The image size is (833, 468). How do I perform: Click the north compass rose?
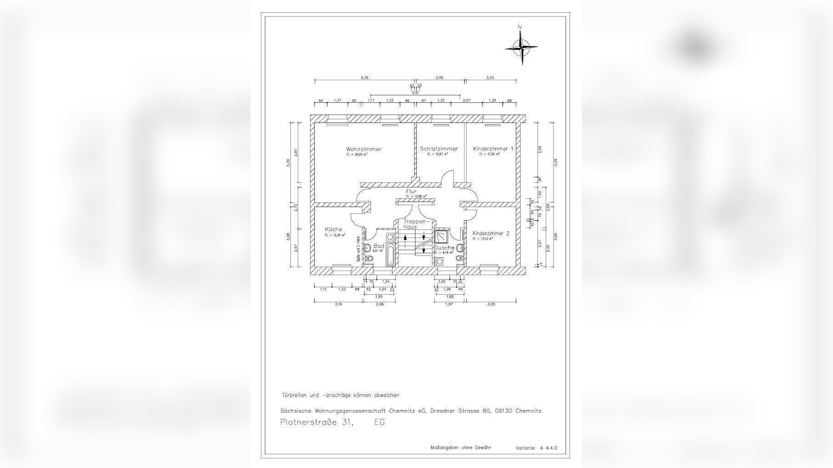click(x=521, y=46)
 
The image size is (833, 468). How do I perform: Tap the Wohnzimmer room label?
click(x=364, y=149)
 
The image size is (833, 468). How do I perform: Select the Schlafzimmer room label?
click(x=439, y=149)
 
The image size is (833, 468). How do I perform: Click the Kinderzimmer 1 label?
click(x=493, y=149)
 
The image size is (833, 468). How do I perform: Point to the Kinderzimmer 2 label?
click(x=490, y=233)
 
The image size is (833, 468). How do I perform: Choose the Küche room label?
click(x=333, y=229)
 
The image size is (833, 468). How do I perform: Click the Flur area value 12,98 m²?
click(x=416, y=197)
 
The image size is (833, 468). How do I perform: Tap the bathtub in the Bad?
click(x=390, y=255)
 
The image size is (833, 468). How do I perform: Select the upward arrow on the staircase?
click(x=405, y=240)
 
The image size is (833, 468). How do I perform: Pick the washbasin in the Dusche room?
click(x=439, y=261)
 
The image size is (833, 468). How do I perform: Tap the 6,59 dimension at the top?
click(x=365, y=78)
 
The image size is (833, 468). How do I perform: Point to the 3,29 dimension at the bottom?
click(x=491, y=304)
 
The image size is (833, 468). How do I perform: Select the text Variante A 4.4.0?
click(x=536, y=448)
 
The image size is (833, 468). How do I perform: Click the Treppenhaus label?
click(x=416, y=224)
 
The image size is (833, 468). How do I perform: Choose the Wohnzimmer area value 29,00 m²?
click(x=357, y=154)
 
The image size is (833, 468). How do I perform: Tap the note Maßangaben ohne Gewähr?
click(x=461, y=448)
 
